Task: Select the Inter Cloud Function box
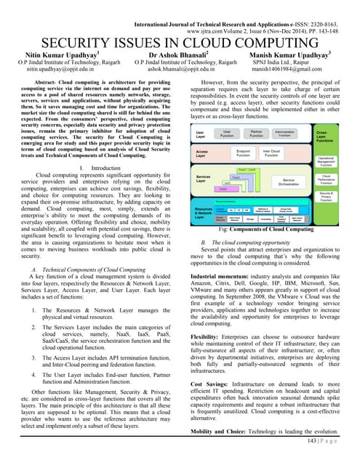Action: [x=272, y=154]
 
